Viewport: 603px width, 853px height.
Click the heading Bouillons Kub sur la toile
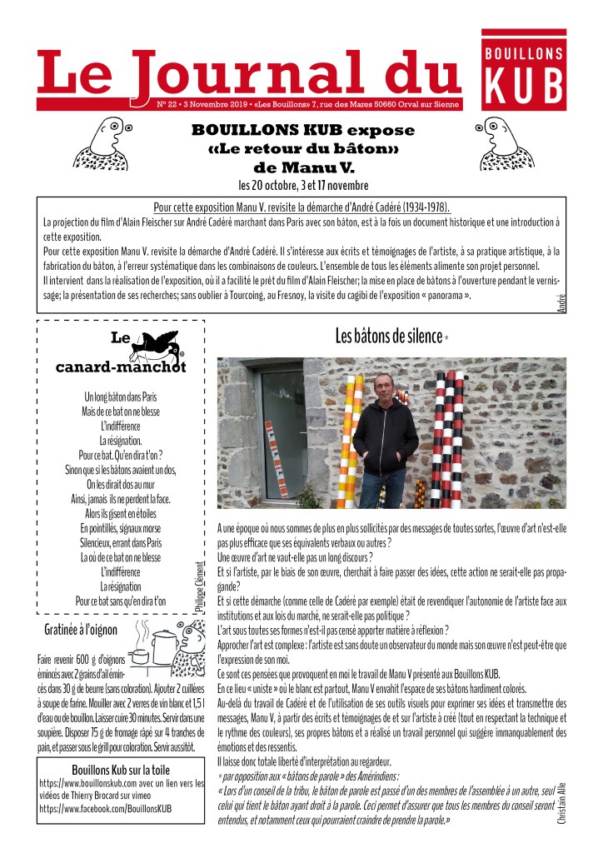(122, 771)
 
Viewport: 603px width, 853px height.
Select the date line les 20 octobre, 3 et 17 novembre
(302, 184)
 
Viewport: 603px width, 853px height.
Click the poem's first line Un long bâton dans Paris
(121, 397)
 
